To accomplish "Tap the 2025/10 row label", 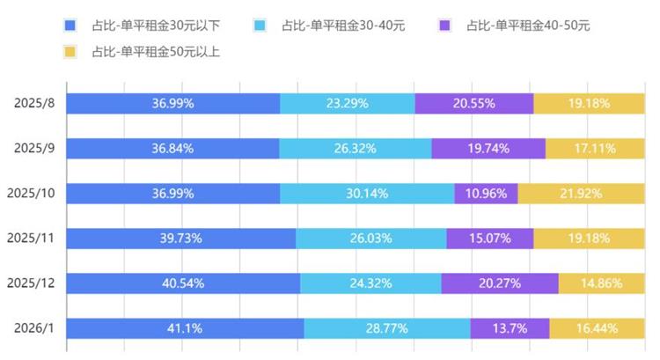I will (x=30, y=193).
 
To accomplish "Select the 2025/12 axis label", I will (x=30, y=283).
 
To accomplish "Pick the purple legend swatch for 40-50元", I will (x=445, y=26).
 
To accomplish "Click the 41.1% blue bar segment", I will (x=185, y=328).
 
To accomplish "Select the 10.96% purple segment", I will (x=486, y=193).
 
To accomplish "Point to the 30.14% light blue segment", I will (x=367, y=193).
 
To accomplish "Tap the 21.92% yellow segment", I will (x=581, y=193).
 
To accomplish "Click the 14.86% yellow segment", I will (x=601, y=283).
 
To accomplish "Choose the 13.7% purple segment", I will (x=510, y=328).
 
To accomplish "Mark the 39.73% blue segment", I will (x=181, y=239).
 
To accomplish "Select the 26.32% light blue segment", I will (x=355, y=148).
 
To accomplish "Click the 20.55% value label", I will (x=473, y=103).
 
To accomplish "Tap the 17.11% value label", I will (x=595, y=148).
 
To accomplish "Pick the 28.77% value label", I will (x=386, y=328).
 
